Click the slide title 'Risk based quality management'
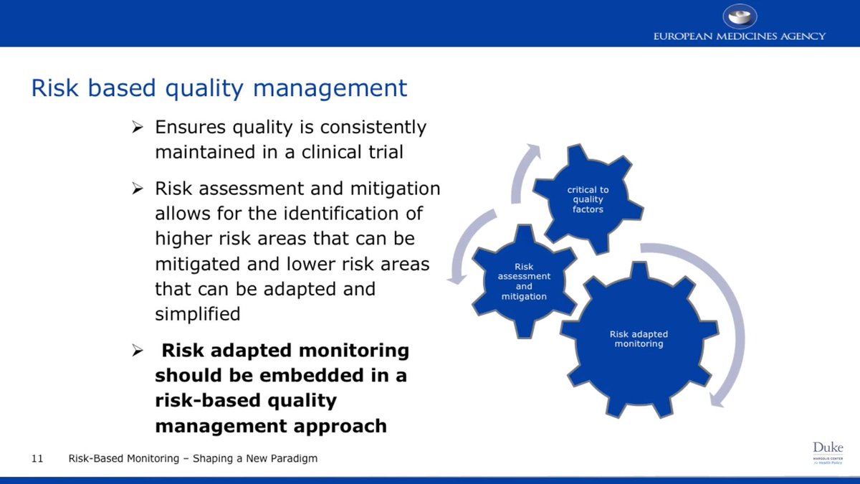click(219, 88)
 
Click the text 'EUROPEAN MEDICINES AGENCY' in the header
click(739, 36)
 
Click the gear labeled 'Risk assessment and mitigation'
click(524, 281)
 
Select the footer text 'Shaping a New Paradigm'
click(255, 458)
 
